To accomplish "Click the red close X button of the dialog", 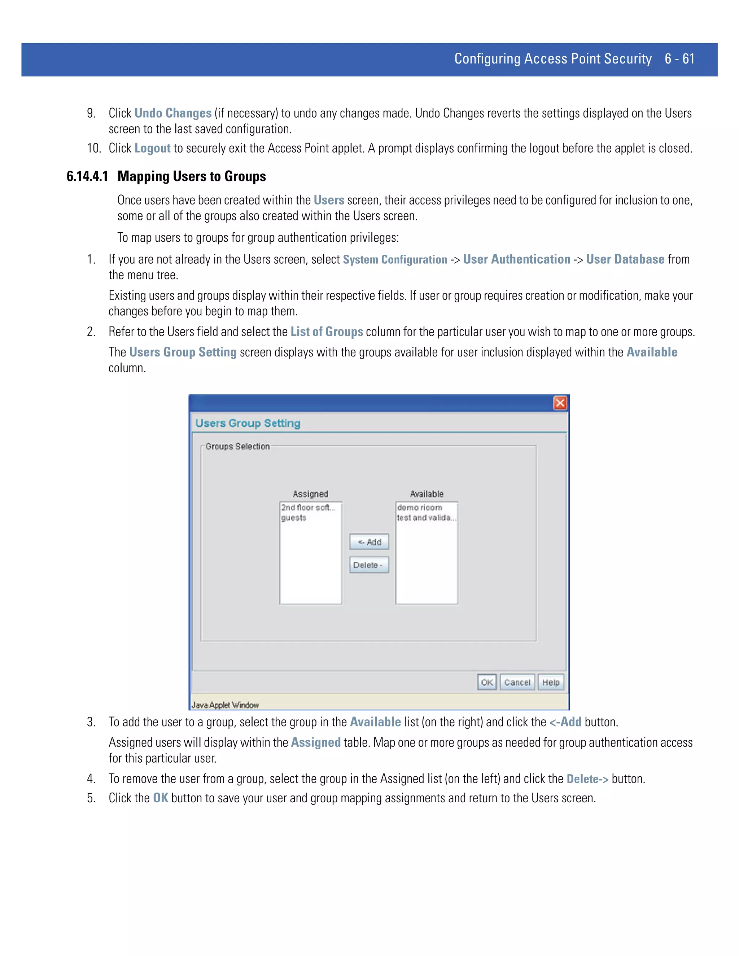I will click(x=560, y=403).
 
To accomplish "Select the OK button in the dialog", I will click(x=486, y=682).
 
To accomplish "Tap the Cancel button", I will click(x=517, y=682).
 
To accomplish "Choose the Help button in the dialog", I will click(x=551, y=682).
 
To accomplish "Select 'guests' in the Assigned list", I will click(x=294, y=518).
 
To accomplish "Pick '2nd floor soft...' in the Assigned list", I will click(x=308, y=507).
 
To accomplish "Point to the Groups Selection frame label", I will click(x=237, y=447).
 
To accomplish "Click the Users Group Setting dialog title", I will click(x=248, y=423).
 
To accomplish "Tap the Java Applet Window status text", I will click(x=226, y=705).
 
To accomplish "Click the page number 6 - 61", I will click(x=679, y=59).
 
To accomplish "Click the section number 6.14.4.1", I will click(x=87, y=176).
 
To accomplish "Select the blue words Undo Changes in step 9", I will click(x=173, y=113).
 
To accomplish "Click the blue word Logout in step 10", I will click(x=152, y=148).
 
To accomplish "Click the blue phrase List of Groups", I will click(x=327, y=332).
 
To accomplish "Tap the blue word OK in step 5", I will click(x=160, y=798).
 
